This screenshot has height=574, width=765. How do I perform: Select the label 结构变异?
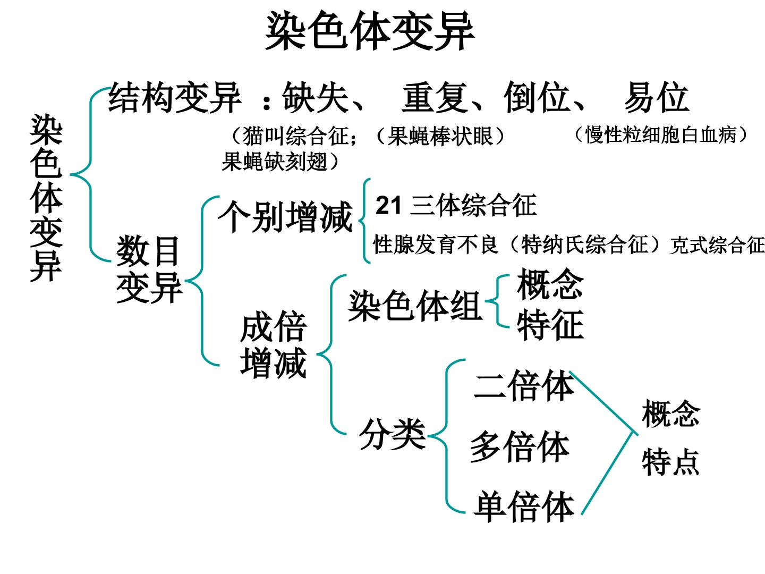pyautogui.click(x=175, y=97)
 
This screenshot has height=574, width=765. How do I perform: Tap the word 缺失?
pyautogui.click(x=316, y=97)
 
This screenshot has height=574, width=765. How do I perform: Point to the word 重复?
pyautogui.click(x=435, y=97)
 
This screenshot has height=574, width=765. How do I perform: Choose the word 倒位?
pyautogui.click(x=537, y=97)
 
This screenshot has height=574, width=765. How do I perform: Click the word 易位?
pyautogui.click(x=657, y=97)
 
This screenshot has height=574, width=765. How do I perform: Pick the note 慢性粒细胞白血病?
pyautogui.click(x=661, y=135)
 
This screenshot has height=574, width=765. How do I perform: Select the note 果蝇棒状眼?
pyautogui.click(x=440, y=136)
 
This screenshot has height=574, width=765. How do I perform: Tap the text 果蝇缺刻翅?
pyautogui.click(x=275, y=162)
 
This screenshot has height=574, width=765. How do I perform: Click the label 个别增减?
pyautogui.click(x=285, y=217)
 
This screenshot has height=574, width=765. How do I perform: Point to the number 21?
pyautogui.click(x=388, y=205)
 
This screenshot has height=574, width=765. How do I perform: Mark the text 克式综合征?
pyautogui.click(x=717, y=245)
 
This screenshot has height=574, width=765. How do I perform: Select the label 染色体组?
pyautogui.click(x=415, y=306)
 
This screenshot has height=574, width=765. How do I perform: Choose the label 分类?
pyautogui.click(x=393, y=434)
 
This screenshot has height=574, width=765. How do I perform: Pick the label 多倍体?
pyautogui.click(x=520, y=446)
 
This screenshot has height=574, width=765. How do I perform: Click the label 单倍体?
pyautogui.click(x=524, y=506)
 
